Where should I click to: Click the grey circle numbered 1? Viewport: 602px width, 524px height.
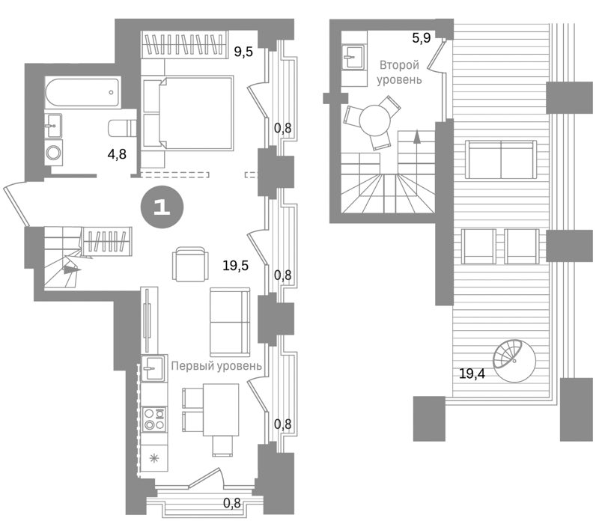[162, 207]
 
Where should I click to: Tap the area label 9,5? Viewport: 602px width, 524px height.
[243, 52]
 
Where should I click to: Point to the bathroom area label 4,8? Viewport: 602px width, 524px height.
[117, 154]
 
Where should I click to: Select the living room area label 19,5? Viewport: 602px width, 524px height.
[235, 265]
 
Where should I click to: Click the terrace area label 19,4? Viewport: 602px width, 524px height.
[472, 373]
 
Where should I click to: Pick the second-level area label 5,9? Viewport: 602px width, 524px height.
[421, 37]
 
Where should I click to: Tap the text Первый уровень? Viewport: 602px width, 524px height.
[216, 366]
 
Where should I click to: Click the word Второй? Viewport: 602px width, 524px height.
[399, 65]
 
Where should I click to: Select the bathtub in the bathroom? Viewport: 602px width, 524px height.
[82, 93]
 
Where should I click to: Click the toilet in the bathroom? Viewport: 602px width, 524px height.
[123, 128]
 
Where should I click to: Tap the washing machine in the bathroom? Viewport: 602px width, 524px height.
[53, 153]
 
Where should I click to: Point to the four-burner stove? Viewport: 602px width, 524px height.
[154, 419]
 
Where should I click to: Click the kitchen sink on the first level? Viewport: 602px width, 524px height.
[153, 368]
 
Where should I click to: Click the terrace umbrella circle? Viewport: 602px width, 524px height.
[514, 361]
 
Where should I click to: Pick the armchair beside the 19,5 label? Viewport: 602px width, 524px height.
[191, 263]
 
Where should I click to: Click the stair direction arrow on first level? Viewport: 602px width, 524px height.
[72, 269]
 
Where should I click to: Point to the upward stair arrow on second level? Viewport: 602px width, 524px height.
[416, 137]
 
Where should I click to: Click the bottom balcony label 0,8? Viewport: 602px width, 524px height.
[231, 502]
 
